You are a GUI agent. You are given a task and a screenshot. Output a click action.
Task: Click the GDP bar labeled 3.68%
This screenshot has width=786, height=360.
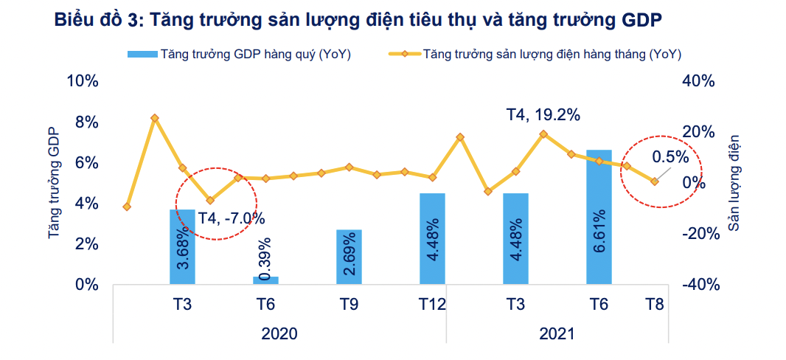pyautogui.click(x=182, y=247)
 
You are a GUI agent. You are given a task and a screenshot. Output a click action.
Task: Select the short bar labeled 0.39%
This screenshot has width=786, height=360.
pyautogui.click(x=265, y=280)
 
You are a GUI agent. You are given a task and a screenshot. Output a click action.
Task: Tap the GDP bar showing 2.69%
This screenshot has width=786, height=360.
pyautogui.click(x=349, y=257)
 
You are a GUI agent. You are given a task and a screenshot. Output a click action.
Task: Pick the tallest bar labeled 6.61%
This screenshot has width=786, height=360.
pyautogui.click(x=599, y=217)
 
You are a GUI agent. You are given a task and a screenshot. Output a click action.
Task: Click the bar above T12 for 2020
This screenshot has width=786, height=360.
pyautogui.click(x=432, y=238)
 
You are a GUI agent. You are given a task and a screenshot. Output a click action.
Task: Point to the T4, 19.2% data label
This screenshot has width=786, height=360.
pyautogui.click(x=543, y=114)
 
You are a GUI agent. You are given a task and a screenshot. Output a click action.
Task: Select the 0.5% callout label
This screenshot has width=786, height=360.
pyautogui.click(x=670, y=156)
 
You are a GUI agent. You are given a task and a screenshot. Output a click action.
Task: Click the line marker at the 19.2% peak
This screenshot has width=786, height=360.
pyautogui.click(x=543, y=134)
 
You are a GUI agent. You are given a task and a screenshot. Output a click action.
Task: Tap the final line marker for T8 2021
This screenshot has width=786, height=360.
pyautogui.click(x=654, y=181)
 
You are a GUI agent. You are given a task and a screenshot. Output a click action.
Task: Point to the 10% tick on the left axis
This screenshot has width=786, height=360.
pyautogui.click(x=82, y=81)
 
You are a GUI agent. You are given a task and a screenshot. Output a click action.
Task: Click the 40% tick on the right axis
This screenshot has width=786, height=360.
pyautogui.click(x=698, y=81)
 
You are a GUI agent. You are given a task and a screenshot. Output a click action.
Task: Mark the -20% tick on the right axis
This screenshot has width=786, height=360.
pyautogui.click(x=698, y=234)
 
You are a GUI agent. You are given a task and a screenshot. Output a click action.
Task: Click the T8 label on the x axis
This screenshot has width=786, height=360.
pyautogui.click(x=655, y=304)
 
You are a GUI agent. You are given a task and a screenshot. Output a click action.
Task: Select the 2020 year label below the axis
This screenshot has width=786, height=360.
pyautogui.click(x=279, y=333)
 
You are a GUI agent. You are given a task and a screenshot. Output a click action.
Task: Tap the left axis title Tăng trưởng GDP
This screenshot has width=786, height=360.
pyautogui.click(x=53, y=183)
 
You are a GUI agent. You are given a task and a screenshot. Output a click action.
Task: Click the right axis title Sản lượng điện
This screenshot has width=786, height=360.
pyautogui.click(x=734, y=183)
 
